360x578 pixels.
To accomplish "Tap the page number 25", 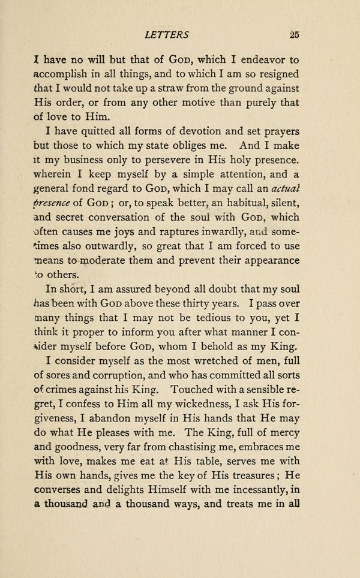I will click(293, 35).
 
